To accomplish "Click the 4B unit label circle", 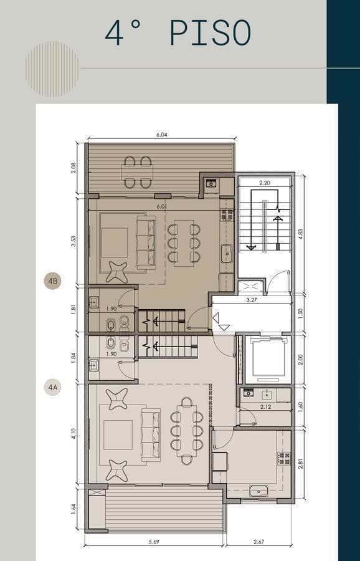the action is (53, 281).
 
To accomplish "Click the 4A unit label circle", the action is (53, 387).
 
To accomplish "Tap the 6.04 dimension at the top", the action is (161, 135).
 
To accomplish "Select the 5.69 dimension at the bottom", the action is (154, 542).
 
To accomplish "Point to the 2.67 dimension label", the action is (258, 542).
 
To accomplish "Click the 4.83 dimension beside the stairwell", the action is (300, 234).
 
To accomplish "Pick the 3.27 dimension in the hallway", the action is (252, 300).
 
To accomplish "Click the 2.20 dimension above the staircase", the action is (264, 183).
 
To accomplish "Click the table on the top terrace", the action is (137, 173).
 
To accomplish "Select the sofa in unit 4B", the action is (146, 242).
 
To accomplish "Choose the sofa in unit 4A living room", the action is (151, 435).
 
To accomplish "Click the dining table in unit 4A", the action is (187, 431).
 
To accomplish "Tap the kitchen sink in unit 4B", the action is (227, 253).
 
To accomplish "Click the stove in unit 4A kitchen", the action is (284, 458).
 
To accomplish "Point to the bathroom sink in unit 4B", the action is (94, 302).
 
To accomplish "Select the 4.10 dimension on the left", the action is (73, 434).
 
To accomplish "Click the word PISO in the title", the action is (211, 32).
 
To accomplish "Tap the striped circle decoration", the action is (52, 69).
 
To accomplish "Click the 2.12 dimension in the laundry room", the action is (266, 407).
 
